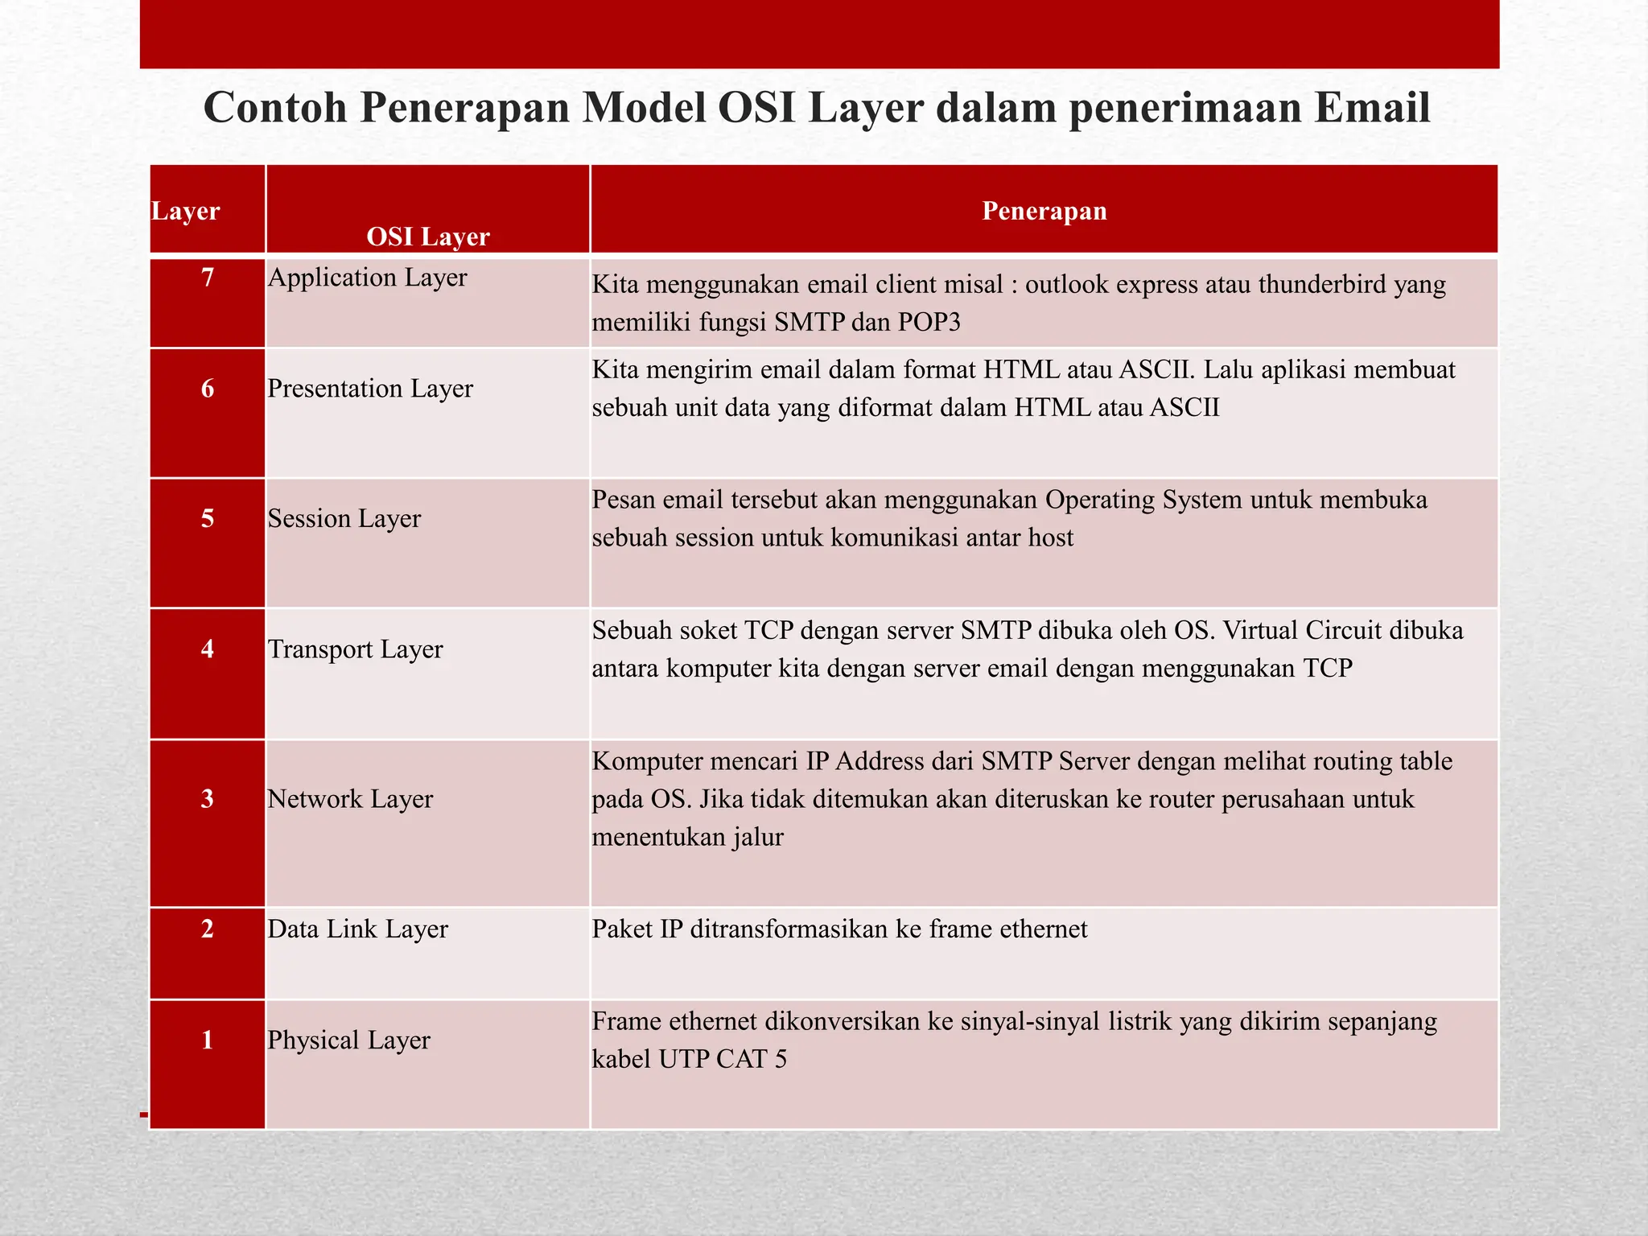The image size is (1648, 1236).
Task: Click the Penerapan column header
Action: (x=1044, y=211)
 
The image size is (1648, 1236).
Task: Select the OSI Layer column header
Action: (x=427, y=237)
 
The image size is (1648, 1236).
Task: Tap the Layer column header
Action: (x=185, y=211)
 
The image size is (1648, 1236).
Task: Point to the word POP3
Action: (x=929, y=323)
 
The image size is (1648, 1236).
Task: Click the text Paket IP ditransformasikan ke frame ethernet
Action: (x=839, y=929)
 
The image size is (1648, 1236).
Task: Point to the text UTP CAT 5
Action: (x=722, y=1059)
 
